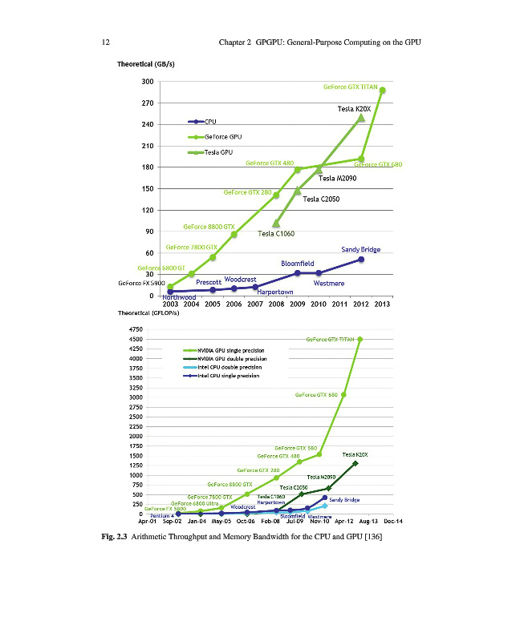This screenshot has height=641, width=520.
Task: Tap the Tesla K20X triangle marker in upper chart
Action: point(361,118)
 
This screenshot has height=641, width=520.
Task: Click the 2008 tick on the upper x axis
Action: point(276,304)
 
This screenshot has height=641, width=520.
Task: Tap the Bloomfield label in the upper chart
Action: point(297,264)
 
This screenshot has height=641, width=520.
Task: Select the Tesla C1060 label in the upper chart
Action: point(276,234)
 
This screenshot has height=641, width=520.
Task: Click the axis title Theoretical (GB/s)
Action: point(146,64)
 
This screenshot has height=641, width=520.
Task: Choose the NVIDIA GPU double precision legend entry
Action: point(236,359)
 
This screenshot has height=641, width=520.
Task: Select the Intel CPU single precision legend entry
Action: point(233,376)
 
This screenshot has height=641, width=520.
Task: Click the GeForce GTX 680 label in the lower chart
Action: point(316,395)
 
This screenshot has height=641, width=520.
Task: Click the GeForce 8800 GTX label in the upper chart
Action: point(208,228)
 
